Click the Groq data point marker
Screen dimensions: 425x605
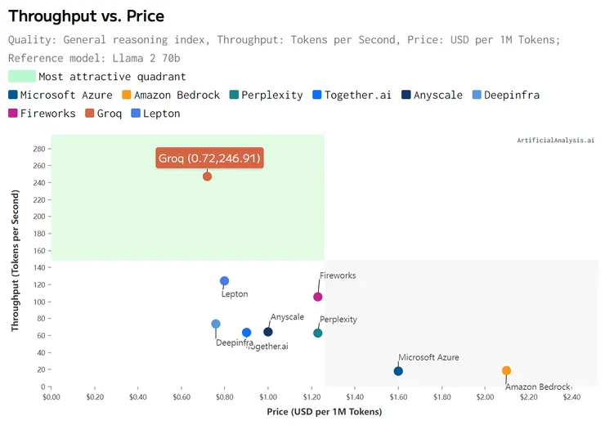207,177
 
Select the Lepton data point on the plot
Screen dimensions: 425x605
225,281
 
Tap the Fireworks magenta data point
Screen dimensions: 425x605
318,297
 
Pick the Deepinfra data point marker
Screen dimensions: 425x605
216,324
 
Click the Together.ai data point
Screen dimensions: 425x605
247,333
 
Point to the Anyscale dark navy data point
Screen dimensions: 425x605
268,332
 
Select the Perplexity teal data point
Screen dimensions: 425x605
318,333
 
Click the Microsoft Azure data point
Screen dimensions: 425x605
398,371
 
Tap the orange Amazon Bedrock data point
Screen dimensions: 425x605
507,370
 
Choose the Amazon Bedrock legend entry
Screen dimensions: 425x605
170,95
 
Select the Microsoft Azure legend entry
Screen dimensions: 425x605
60,95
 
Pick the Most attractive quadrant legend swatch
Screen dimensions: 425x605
22,76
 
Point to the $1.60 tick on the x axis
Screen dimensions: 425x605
398,396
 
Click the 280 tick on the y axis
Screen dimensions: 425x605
39,149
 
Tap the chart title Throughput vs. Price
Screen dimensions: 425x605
86,16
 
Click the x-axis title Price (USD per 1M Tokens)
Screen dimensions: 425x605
325,412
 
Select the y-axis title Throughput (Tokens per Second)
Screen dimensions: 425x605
16,261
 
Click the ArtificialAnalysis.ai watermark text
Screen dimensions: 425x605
555,141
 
